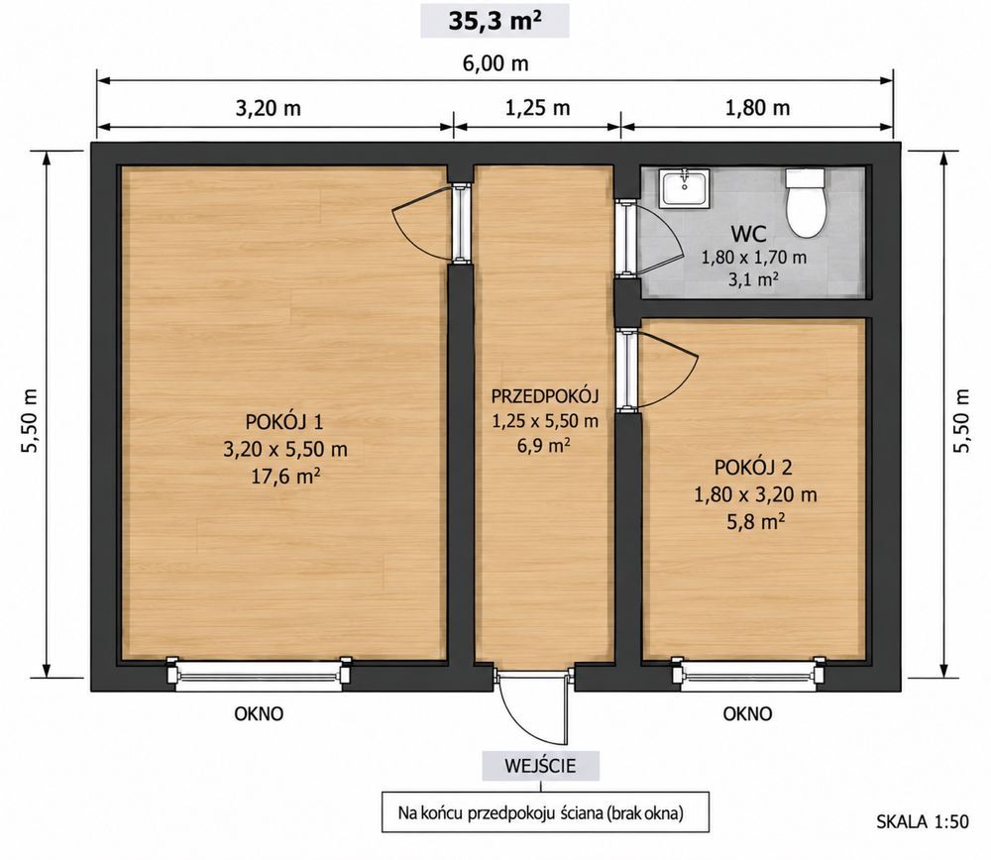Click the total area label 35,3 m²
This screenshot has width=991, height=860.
click(x=495, y=21)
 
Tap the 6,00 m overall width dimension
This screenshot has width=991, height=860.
click(x=495, y=63)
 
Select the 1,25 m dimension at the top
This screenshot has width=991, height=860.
click(x=537, y=108)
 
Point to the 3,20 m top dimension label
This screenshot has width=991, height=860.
click(x=268, y=108)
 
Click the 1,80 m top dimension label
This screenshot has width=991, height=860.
click(x=757, y=108)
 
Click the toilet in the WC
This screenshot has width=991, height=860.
click(x=805, y=202)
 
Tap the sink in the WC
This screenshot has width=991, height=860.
click(x=684, y=187)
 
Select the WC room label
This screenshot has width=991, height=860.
click(x=749, y=234)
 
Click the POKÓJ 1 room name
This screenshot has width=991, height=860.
click(x=284, y=421)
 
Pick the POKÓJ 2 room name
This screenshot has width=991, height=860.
click(x=753, y=468)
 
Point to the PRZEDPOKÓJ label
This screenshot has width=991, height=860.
click(x=545, y=396)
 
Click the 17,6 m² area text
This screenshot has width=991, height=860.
click(x=285, y=476)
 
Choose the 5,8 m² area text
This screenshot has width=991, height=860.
click(x=755, y=522)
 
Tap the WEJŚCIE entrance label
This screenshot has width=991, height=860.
click(x=540, y=766)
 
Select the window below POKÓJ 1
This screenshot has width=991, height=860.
click(x=259, y=674)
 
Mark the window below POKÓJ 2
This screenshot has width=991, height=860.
click(x=748, y=674)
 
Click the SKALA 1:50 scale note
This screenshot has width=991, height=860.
click(x=922, y=821)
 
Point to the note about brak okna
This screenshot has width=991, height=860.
click(x=541, y=813)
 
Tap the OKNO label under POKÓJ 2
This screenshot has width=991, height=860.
click(x=747, y=714)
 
